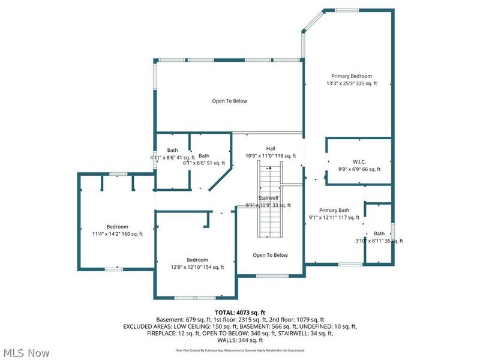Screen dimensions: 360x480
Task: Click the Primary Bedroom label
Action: coord(352,76)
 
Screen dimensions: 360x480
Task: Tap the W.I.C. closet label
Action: coord(359,161)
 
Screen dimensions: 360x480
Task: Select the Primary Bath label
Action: coord(334,210)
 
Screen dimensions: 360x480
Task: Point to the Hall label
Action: coord(271,148)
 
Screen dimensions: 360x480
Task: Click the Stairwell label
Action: coord(268,197)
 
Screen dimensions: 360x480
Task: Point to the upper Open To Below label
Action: coord(229,101)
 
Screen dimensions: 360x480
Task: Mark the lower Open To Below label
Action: coord(270,255)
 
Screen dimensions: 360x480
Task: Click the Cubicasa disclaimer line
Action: coord(240,350)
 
